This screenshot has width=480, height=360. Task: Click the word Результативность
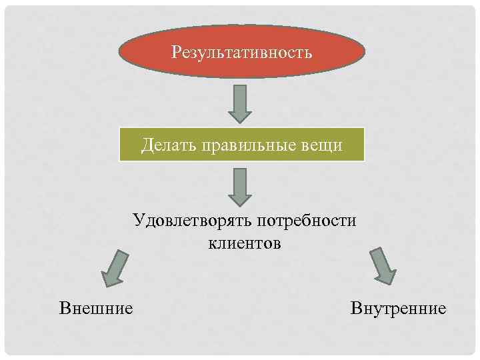click(x=241, y=51)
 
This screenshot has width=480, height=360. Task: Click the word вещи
click(x=326, y=145)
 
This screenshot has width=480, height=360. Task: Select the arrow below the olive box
click(x=240, y=187)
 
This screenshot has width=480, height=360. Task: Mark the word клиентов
click(x=245, y=243)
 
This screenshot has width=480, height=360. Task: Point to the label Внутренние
click(x=397, y=308)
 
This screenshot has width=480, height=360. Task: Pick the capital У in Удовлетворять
click(x=137, y=221)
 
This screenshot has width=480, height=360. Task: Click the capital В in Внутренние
click(x=354, y=308)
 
